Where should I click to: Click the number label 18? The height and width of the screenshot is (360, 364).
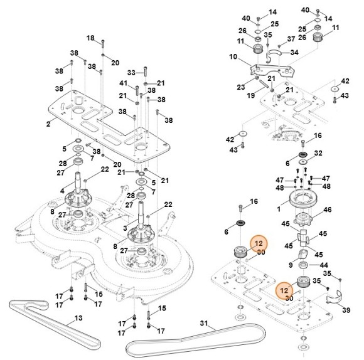[90, 38]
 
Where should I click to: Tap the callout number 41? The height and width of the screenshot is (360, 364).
[124, 83]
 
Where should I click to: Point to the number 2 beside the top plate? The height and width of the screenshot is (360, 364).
[48, 124]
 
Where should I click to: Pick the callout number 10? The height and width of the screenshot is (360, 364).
[233, 56]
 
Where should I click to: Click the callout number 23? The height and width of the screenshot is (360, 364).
[242, 88]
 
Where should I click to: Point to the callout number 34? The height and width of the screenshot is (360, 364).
[294, 53]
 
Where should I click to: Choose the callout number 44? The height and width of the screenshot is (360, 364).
[316, 266]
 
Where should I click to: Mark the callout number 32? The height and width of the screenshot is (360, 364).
[318, 152]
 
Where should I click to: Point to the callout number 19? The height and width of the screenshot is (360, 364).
[251, 96]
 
